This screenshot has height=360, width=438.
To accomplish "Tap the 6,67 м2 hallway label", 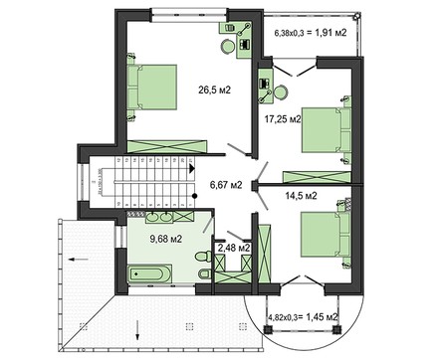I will [228, 183].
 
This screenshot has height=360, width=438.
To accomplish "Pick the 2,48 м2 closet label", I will [234, 248].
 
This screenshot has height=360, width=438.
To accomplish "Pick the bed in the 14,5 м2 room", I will [319, 240].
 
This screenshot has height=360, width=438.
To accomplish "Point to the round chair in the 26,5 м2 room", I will [226, 48].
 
